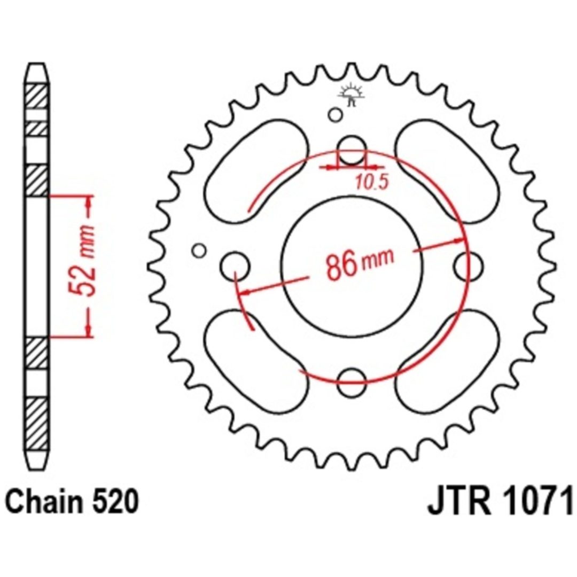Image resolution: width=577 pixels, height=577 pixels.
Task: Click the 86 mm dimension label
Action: pyautogui.click(x=360, y=263)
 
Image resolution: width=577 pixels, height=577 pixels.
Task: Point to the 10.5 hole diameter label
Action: pyautogui.click(x=372, y=182)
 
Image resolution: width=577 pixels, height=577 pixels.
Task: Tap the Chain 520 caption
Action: pyautogui.click(x=73, y=501)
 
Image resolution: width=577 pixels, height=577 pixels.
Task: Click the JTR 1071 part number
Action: pyautogui.click(x=500, y=501)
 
